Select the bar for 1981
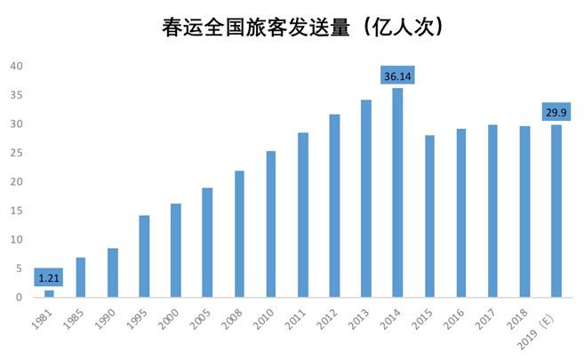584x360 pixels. (49, 293)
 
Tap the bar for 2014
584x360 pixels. (397, 192)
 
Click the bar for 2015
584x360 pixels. (429, 216)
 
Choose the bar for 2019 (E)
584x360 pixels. (556, 211)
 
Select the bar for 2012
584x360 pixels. (334, 205)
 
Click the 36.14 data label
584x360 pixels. (397, 76)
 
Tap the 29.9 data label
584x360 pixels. (556, 112)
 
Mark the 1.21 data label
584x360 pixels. (49, 278)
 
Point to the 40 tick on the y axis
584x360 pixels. (17, 67)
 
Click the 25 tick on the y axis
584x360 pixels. (17, 153)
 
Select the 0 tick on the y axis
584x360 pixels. (20, 297)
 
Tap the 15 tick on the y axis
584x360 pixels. (17, 211)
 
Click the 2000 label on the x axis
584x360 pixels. (173, 317)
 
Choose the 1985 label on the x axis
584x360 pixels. (78, 317)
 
